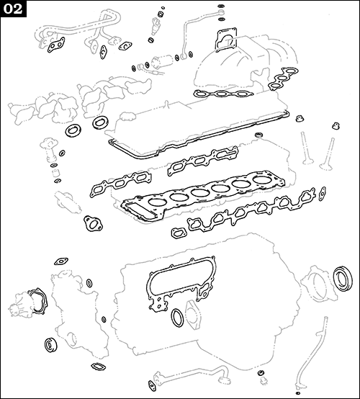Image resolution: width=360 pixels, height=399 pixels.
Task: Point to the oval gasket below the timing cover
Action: pos(178,318)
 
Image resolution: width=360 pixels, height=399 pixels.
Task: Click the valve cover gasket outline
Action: pos(202,133)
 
